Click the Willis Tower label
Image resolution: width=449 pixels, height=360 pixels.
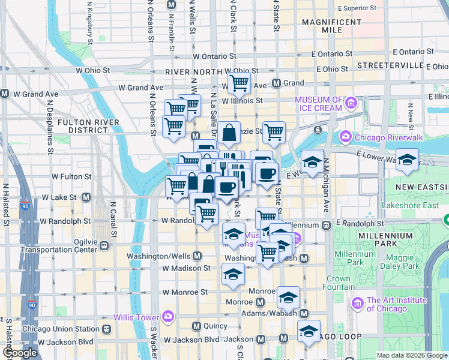click(x=137, y=316)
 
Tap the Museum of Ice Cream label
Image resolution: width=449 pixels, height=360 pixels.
click(x=318, y=104)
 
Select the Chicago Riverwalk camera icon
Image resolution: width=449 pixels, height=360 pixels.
click(x=346, y=137)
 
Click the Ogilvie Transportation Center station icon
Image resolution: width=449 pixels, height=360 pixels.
click(x=105, y=245)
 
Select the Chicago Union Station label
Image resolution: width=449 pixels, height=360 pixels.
click(x=60, y=329)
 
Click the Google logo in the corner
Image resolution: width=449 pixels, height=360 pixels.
click(x=20, y=353)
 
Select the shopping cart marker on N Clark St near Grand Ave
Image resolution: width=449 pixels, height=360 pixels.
click(x=239, y=83)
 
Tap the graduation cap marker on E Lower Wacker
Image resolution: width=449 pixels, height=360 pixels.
click(x=407, y=160)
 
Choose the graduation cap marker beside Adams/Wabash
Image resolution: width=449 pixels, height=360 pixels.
click(x=288, y=298)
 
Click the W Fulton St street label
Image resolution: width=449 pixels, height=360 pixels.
click(x=71, y=177)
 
